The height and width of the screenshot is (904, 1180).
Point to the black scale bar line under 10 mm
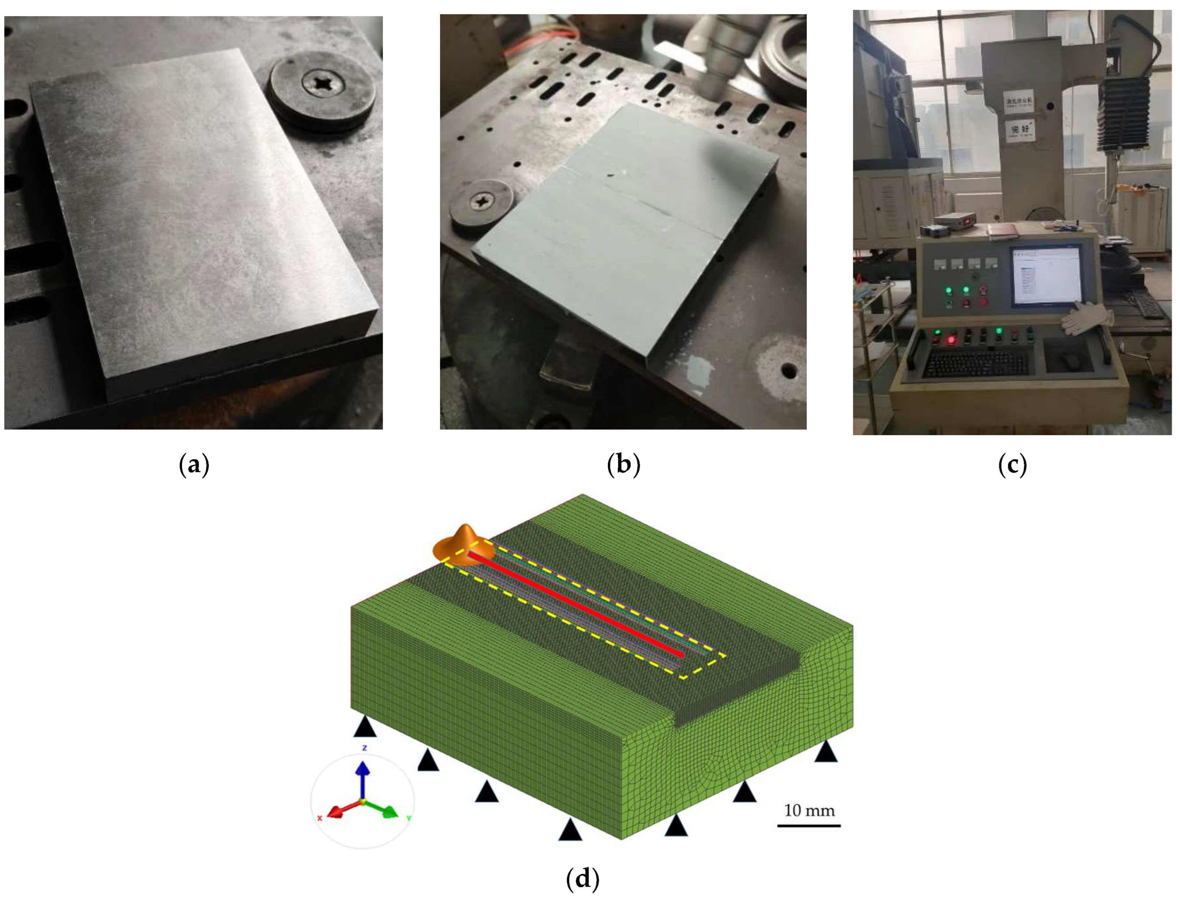(809, 825)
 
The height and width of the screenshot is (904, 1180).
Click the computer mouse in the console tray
(1070, 360)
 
